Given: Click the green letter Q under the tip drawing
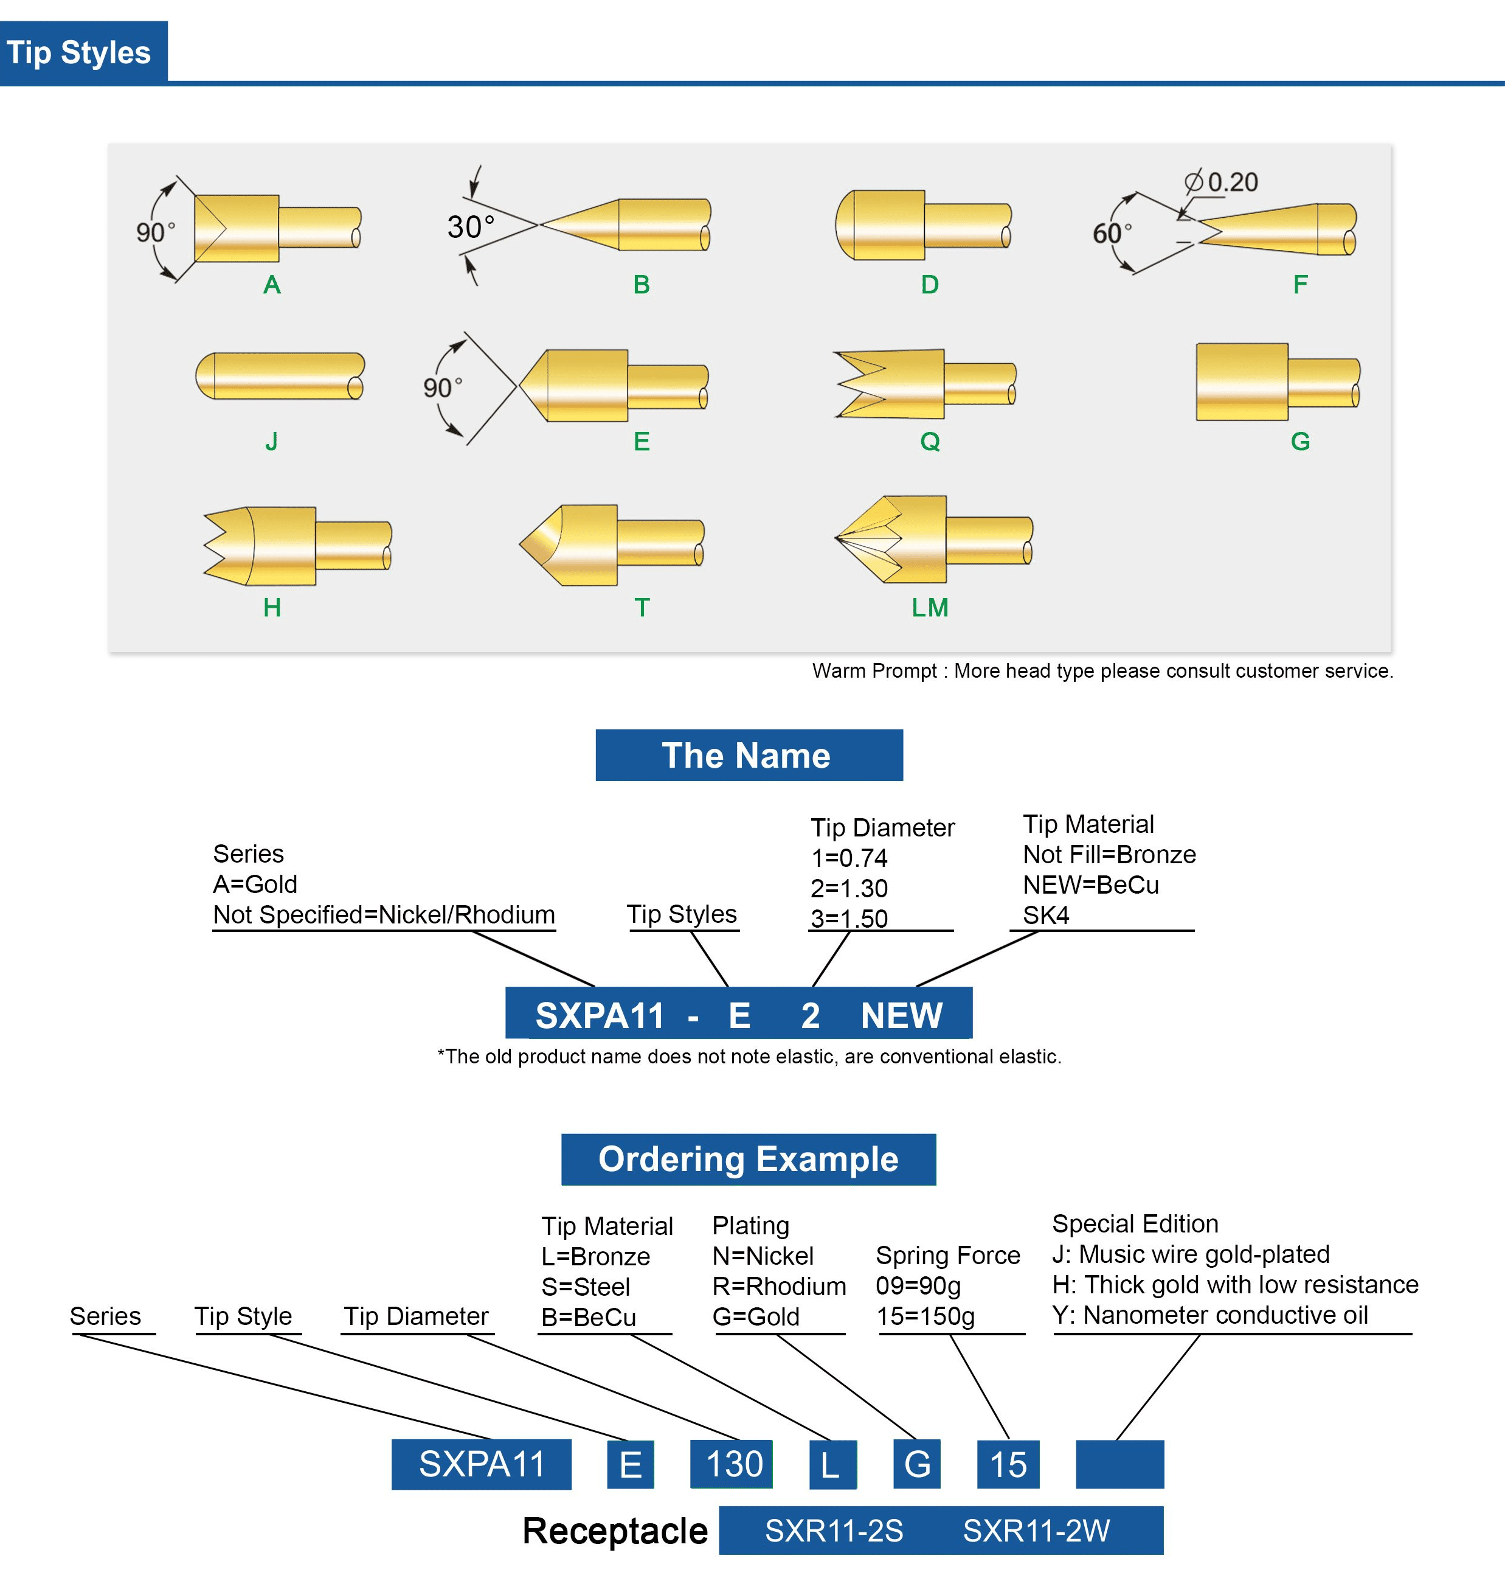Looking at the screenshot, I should point(930,441).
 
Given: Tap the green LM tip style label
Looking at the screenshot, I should point(930,608).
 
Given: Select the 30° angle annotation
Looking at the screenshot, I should point(470,227).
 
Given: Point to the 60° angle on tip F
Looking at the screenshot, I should point(1111,234).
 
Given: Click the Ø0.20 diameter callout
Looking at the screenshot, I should point(1222,182).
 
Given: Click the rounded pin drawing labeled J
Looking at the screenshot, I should point(280,375).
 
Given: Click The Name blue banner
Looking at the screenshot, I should point(749,755).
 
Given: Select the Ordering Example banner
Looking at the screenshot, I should point(748,1159).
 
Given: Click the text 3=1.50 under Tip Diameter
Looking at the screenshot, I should point(849,918).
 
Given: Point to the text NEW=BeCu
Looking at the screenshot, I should point(1090,885).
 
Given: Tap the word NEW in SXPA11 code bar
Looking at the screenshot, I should point(901,1015).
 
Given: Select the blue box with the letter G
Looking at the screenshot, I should point(917,1464).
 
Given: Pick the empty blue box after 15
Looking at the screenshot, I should point(1119,1464).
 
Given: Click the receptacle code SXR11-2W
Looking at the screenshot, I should point(1036,1530).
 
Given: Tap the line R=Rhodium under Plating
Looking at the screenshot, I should point(778,1286).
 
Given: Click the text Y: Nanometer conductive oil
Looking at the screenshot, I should point(1209,1315).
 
